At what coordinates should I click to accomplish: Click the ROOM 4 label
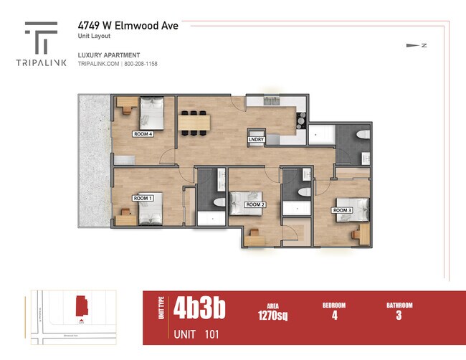pyautogui.click(x=143, y=134)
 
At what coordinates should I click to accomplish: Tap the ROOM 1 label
pyautogui.click(x=143, y=198)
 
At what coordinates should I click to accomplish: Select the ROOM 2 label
pyautogui.click(x=255, y=205)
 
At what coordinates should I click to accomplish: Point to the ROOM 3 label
pyautogui.click(x=342, y=210)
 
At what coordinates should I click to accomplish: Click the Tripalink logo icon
pyautogui.click(x=41, y=37)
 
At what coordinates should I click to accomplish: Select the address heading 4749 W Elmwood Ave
pyautogui.click(x=128, y=26)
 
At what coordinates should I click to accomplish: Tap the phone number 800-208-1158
pyautogui.click(x=141, y=64)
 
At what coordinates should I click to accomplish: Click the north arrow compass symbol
pyautogui.click(x=415, y=46)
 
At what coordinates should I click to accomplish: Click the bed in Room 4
pyautogui.click(x=152, y=112)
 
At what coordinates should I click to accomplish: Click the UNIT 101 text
pyautogui.click(x=196, y=334)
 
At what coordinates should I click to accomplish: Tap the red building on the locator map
pyautogui.click(x=81, y=307)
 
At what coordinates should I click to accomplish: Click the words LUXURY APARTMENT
pyautogui.click(x=109, y=55)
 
